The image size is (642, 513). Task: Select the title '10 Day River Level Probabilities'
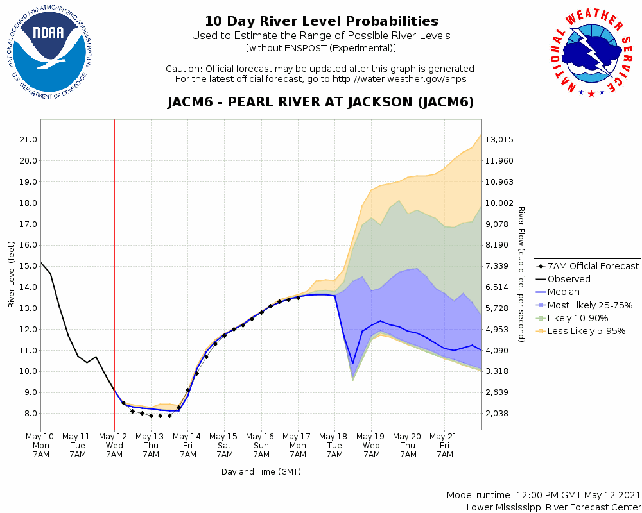(x=321, y=21)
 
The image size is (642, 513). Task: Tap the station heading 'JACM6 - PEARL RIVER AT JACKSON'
(x=321, y=102)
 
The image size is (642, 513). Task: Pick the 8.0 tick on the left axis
(x=28, y=414)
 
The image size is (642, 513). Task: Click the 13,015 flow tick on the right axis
(x=499, y=140)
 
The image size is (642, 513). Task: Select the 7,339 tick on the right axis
(x=499, y=266)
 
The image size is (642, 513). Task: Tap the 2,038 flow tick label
(x=499, y=414)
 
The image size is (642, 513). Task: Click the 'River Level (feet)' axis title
(x=12, y=274)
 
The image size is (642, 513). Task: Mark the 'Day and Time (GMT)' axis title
(x=261, y=471)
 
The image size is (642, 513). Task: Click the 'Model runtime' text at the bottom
(x=544, y=495)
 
